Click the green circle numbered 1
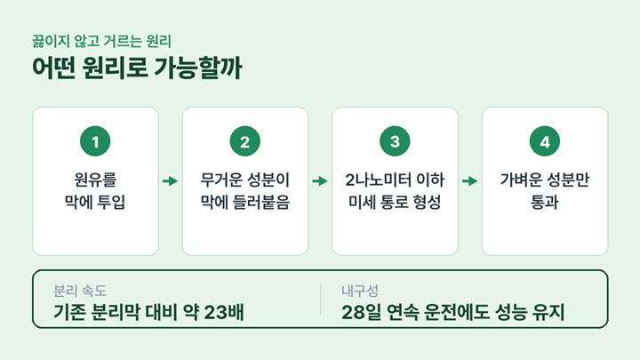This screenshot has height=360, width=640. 95,141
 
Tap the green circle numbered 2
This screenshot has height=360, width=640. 245,141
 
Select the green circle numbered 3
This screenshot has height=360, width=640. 395,141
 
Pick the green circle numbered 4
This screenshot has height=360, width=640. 545,141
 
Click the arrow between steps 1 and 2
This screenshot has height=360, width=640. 170,180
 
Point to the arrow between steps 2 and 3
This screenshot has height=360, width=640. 320,180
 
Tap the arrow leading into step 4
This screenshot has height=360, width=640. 470,180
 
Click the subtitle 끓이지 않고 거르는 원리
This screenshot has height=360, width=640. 101,41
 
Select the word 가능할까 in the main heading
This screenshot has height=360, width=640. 198,68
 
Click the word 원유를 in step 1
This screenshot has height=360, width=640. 95,180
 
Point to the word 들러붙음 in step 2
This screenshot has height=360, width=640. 261,202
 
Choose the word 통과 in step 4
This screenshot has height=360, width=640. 545,202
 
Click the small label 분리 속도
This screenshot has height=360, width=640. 80,291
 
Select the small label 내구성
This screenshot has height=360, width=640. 360,291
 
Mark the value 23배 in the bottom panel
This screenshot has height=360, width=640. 224,312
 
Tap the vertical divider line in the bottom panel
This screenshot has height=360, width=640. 320,299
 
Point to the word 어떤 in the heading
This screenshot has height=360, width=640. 54,68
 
